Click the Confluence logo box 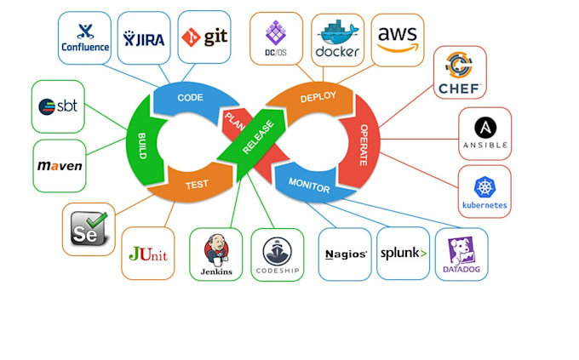tap(85, 38)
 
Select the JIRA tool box tap(143, 38)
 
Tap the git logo tap(204, 38)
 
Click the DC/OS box tap(276, 38)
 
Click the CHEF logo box tap(460, 72)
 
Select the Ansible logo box tap(484, 133)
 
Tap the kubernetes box tap(484, 191)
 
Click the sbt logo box tap(59, 106)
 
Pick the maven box tap(60, 165)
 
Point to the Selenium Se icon tap(89, 229)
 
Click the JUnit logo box tap(147, 253)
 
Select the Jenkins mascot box tap(215, 254)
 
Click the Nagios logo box tap(345, 254)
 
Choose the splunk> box tap(403, 253)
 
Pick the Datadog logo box tap(461, 254)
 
